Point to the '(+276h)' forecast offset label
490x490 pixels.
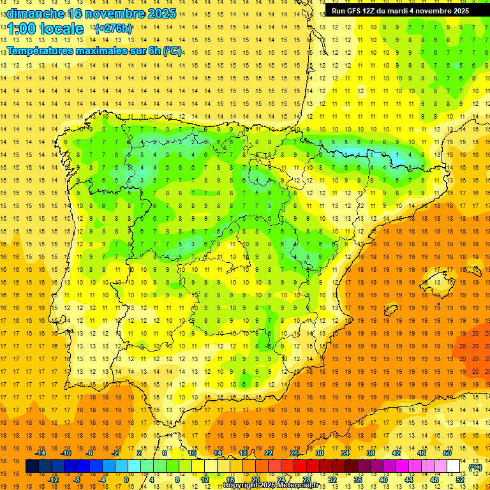tap(114, 29)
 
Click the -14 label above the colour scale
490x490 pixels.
tap(40, 453)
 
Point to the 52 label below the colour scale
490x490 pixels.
tap(460, 480)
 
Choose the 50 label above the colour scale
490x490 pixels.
tap(447, 453)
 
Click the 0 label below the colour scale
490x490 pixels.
tap(126, 480)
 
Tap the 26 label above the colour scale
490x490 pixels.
tap(294, 453)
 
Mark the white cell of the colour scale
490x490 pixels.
tap(453, 466)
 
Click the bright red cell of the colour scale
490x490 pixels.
tap(301, 466)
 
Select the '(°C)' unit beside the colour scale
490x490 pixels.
tap(475, 466)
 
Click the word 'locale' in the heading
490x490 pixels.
tap(62, 29)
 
